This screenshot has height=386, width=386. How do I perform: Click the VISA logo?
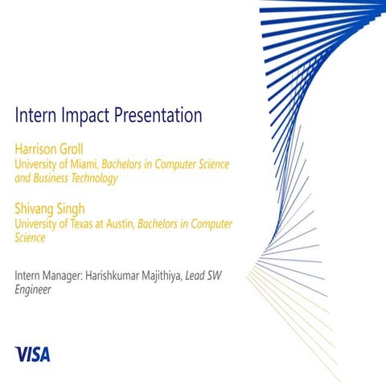tap(32, 352)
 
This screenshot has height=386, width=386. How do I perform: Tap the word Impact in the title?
tap(88, 117)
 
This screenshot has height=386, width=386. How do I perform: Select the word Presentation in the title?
tap(159, 116)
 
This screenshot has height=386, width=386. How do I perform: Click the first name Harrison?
tap(37, 149)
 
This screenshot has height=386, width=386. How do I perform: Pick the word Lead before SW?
tap(198, 277)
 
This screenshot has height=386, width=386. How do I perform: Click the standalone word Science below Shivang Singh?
tap(30, 238)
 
